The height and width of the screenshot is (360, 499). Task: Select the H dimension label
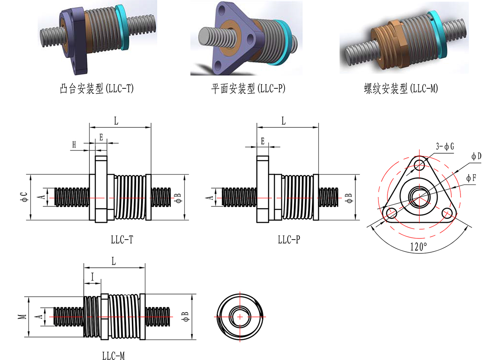point(74,145)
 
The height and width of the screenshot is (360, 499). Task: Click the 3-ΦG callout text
point(445,146)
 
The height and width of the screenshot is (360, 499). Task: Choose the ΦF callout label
point(471,178)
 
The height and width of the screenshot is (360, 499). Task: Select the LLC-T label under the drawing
point(122,240)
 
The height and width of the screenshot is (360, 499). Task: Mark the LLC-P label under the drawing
point(289,240)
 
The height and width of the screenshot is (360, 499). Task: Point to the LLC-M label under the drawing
point(114,356)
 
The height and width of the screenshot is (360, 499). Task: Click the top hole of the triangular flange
point(419,165)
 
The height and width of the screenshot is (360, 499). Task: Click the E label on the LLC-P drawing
point(263,141)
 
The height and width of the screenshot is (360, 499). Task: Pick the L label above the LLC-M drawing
point(114,261)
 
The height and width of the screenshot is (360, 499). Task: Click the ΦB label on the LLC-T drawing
point(177,197)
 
